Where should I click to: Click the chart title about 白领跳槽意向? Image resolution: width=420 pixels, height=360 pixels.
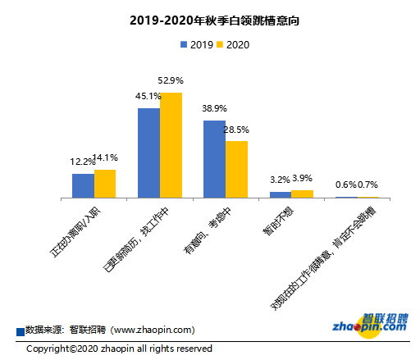coord(209,19)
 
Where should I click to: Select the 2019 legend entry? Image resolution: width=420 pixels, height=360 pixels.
coord(194,45)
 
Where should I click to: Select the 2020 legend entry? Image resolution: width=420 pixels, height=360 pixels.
coord(232,45)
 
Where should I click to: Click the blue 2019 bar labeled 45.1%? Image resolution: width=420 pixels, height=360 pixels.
coord(148,153)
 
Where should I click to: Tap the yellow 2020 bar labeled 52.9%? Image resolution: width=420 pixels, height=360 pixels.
coord(171,145)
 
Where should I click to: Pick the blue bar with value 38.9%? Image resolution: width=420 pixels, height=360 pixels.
coord(214,159)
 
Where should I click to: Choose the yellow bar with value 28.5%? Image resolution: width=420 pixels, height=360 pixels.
coord(236,169)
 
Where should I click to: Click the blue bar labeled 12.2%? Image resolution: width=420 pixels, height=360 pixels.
coord(83,185)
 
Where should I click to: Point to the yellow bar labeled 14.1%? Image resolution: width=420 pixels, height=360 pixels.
coord(105,184)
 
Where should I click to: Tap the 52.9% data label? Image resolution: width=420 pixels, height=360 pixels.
coord(171,80)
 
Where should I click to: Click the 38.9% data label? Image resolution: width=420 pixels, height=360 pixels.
coord(214,108)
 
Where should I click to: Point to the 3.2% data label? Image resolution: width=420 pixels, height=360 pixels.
coord(281,179)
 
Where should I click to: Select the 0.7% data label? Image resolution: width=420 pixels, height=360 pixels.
coord(367,185)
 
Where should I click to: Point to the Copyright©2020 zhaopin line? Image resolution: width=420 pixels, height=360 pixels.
coord(119,349)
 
